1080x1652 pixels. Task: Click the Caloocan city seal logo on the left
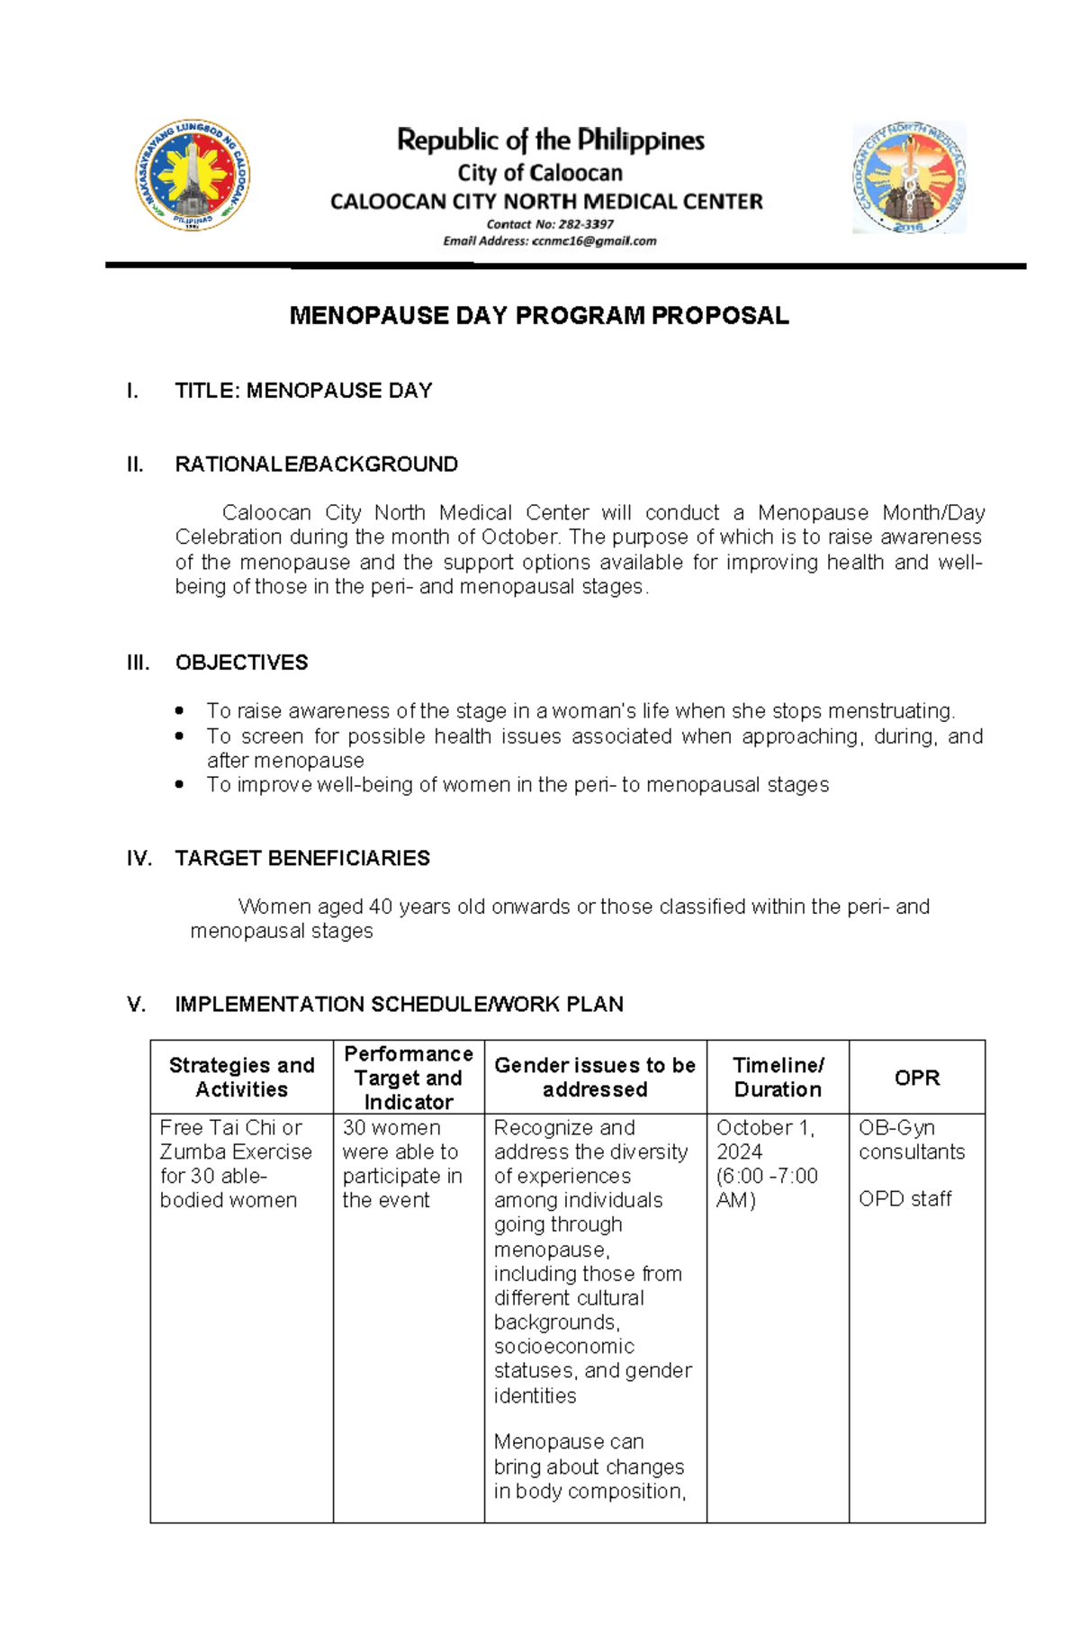192,176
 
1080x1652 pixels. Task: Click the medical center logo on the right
909,177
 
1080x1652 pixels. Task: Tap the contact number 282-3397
586,224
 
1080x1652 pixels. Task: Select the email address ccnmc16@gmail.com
594,241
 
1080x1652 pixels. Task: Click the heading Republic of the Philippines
550,140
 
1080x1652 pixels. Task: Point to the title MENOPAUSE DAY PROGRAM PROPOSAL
538,315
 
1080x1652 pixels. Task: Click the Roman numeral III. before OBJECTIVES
138,663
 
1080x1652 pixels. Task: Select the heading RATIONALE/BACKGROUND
316,465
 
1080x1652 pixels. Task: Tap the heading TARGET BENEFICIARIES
301,858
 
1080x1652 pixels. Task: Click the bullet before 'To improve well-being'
180,784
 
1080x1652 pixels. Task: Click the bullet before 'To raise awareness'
180,710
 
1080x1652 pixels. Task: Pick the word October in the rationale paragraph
519,537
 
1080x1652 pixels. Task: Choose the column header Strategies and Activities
241,1077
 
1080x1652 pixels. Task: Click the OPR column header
916,1078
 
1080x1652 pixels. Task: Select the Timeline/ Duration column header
778,1077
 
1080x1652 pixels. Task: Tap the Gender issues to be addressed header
595,1077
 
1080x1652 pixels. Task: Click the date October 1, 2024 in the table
764,1139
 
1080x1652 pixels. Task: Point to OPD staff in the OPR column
904,1198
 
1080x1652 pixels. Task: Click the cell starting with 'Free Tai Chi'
236,1163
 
